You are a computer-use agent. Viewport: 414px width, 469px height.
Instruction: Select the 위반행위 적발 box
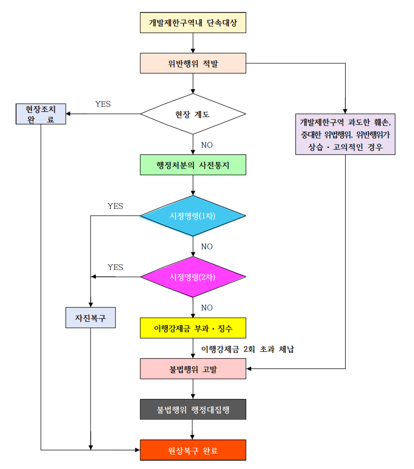193,63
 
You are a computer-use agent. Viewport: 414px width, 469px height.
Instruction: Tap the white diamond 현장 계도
193,114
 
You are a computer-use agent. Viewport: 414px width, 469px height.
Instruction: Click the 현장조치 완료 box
40,114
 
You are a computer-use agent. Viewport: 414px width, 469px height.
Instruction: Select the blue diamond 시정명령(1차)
193,216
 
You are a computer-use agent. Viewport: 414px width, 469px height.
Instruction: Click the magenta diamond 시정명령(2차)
193,277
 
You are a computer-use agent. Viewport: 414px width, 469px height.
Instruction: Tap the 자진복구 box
90,318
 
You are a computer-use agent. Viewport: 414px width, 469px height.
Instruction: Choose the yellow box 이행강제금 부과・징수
193,328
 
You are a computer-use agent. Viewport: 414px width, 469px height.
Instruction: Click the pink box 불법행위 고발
193,368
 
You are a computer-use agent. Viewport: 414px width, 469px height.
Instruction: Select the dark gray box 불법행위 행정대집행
193,409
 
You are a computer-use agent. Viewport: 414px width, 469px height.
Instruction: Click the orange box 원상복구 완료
193,450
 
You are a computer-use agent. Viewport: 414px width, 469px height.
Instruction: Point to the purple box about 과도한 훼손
345,134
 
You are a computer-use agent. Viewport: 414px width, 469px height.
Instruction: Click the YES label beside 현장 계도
103,104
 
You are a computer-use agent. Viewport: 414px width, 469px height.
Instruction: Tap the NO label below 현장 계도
207,145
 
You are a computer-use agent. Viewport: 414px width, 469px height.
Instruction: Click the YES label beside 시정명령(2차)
115,267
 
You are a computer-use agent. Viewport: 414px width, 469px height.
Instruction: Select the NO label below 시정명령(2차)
207,308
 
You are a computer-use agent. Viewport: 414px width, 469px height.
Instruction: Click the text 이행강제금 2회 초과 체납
248,349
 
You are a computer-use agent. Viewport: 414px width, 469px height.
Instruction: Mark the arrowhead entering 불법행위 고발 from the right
249,368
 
